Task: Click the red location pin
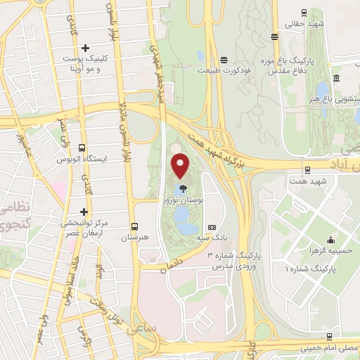pyautogui.click(x=181, y=166)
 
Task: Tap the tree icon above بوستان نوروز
pyautogui.click(x=184, y=188)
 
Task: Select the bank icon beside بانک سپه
pyautogui.click(x=212, y=228)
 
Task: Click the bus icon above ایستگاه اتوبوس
pyautogui.click(x=83, y=149)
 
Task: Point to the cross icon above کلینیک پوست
pyautogui.click(x=85, y=49)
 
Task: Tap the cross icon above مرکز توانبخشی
pyautogui.click(x=84, y=212)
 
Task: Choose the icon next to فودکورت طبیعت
pyautogui.click(x=224, y=60)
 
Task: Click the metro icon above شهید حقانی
pyautogui.click(x=303, y=12)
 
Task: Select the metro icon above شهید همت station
pyautogui.click(x=307, y=169)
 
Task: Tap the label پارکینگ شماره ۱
pyautogui.click(x=310, y=269)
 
